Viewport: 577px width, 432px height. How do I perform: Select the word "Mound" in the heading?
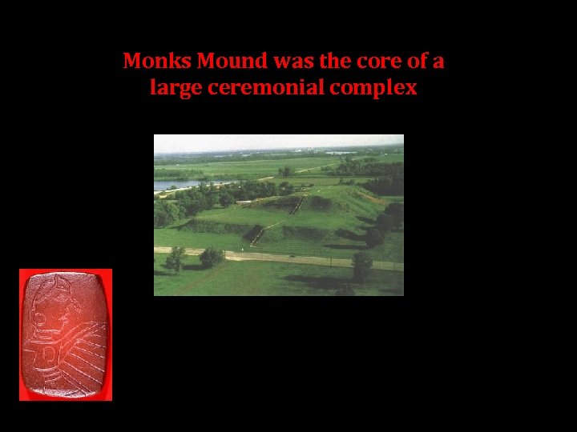[x=219, y=61]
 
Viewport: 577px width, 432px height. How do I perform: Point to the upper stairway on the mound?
[x=297, y=205]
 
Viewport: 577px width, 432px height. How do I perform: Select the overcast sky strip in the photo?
[x=278, y=142]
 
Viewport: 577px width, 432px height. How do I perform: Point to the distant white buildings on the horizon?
[x=341, y=152]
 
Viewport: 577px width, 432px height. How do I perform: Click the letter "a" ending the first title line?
[x=438, y=61]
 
